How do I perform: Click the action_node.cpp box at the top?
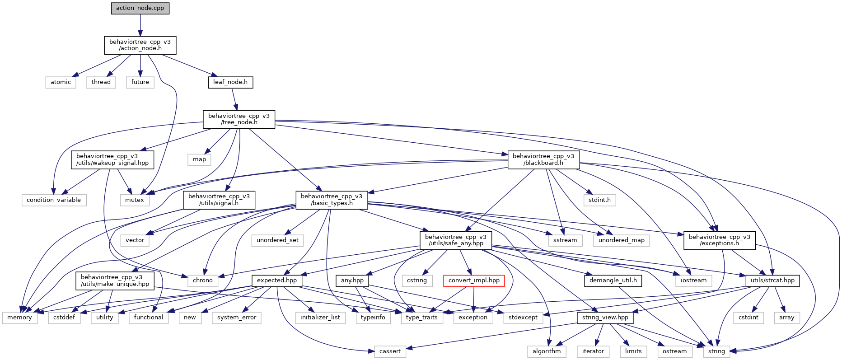(140, 8)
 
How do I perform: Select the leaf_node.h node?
(230, 82)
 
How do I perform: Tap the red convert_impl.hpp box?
(474, 281)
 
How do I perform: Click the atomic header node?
(61, 82)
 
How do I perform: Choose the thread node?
(101, 82)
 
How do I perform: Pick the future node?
(140, 82)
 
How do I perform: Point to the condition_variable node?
(54, 200)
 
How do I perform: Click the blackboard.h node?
(543, 160)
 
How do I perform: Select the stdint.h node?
(599, 200)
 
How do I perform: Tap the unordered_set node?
(277, 240)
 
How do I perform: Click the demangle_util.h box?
(613, 281)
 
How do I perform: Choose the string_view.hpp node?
(605, 318)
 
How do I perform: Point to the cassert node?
(390, 351)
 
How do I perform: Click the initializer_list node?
(320, 318)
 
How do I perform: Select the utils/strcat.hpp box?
(772, 281)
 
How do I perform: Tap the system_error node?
(237, 318)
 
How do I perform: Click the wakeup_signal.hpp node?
(112, 160)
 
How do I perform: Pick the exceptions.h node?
(719, 240)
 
